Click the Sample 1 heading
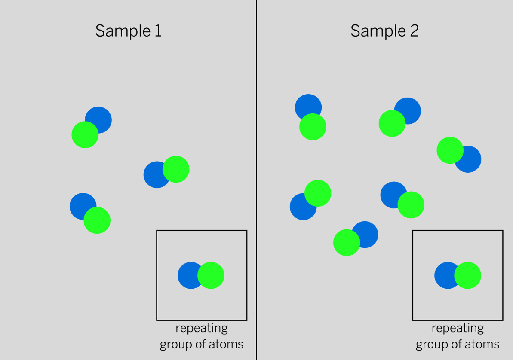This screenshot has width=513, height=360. click(x=128, y=31)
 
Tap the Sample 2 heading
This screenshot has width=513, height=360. click(x=384, y=31)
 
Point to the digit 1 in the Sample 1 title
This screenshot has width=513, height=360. click(x=158, y=31)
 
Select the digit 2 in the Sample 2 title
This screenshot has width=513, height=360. click(x=414, y=31)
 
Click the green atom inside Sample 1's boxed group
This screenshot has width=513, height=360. click(x=211, y=275)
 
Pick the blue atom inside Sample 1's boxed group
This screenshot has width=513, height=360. click(x=188, y=275)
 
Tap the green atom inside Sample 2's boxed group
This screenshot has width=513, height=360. click(x=467, y=275)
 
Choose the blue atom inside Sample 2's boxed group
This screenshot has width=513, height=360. click(x=445, y=275)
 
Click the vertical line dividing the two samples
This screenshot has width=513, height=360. click(x=256, y=180)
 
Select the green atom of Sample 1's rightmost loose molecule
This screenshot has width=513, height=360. click(x=176, y=169)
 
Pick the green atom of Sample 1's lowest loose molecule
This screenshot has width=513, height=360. click(x=97, y=220)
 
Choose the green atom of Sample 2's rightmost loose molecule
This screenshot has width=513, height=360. click(x=450, y=150)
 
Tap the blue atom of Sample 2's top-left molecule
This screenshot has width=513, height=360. click(x=307, y=105)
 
